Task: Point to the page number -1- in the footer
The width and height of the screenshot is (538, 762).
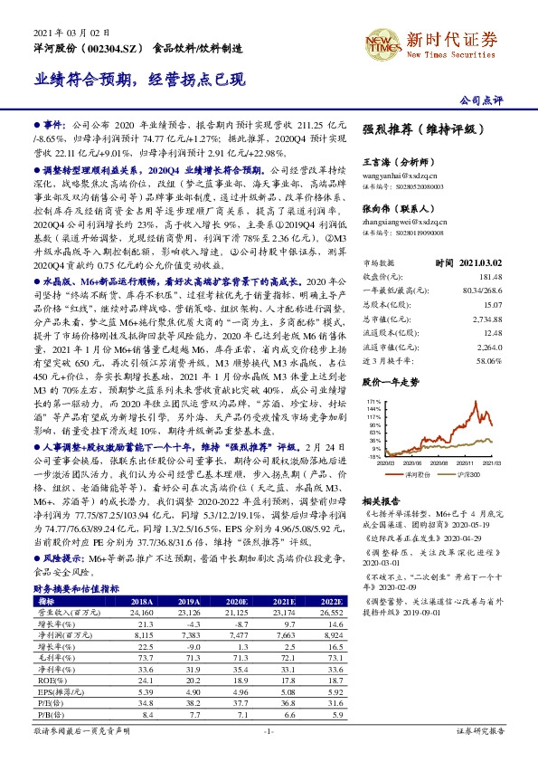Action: point(268,755)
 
